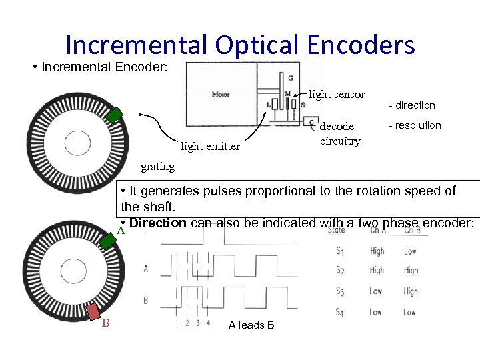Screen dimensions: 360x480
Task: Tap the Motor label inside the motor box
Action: coord(220,94)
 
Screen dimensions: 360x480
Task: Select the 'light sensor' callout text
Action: coord(337,95)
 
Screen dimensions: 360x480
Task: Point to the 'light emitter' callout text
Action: coord(210,146)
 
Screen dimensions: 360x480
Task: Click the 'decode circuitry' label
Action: coord(341,133)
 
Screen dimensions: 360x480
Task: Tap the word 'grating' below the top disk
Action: coord(157,166)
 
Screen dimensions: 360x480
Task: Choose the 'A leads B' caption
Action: coord(251,325)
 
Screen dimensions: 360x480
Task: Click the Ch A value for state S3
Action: coord(376,291)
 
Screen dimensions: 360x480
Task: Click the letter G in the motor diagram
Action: coord(290,78)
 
